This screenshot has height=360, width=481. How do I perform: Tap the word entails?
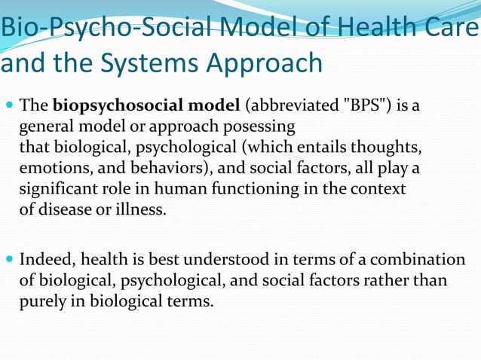325,145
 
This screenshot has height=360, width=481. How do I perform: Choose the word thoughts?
389,145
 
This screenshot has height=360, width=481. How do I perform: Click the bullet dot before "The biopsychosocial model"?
8,104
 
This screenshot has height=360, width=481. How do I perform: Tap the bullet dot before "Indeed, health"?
8,260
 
